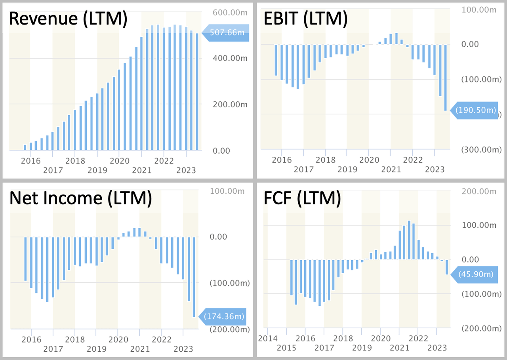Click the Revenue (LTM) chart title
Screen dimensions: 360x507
coord(68,19)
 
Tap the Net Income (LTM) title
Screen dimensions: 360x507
coord(81,198)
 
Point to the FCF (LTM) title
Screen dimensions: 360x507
coord(302,198)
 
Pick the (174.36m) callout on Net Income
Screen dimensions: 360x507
coord(223,317)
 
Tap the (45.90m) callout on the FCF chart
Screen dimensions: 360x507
coord(475,274)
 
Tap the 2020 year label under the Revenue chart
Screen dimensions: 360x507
coord(120,161)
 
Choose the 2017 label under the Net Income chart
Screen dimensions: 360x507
coord(53,349)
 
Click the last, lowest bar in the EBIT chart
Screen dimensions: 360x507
coord(446,78)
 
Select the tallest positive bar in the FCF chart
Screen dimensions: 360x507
coord(409,240)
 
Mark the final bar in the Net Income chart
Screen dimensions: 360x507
coord(194,277)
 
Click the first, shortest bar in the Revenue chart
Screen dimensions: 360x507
coord(25,147)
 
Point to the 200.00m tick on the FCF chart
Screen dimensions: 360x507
coord(479,192)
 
